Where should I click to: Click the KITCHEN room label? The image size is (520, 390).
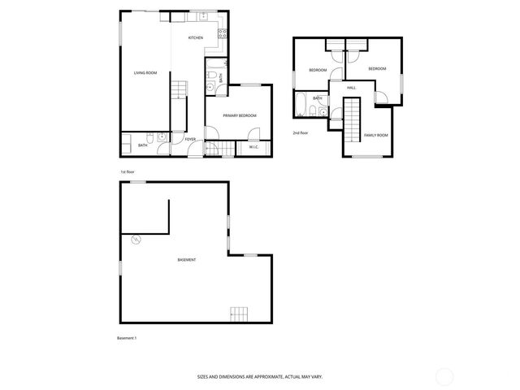coord(196,38)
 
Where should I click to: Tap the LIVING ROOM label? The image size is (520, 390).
coord(145,74)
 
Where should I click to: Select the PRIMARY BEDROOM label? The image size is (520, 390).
coord(240,116)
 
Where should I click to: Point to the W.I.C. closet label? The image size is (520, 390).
coord(254,147)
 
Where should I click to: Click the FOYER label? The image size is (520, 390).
coord(190,140)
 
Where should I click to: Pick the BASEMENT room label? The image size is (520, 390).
coord(187,259)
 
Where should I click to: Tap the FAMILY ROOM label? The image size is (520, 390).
coord(375,135)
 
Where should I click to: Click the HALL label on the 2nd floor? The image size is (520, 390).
coord(351,88)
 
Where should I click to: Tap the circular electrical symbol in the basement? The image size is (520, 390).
coord(136,239)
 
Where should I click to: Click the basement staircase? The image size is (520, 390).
coord(238,313)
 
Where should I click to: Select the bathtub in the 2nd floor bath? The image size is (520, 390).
coord(301,105)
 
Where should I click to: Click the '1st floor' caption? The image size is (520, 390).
coord(128,171)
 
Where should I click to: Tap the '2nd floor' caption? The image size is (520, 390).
coord(301,132)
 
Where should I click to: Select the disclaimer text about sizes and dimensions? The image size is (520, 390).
coord(260,376)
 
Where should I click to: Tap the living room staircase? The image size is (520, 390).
coord(179,90)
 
